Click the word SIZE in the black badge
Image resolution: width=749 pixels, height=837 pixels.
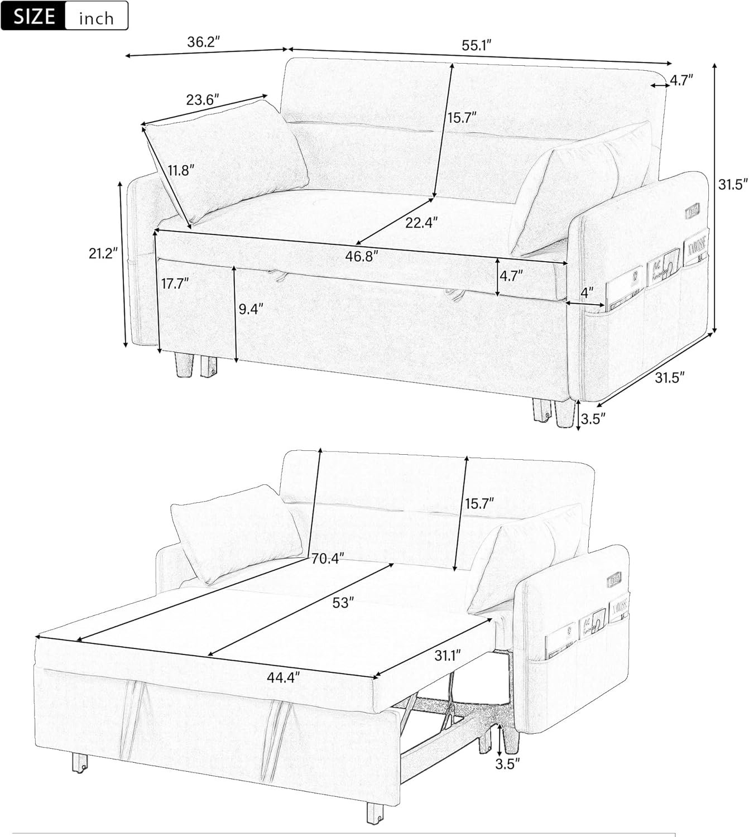34,16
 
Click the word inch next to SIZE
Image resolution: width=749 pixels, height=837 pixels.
96,18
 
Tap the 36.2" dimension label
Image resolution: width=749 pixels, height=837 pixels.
203,41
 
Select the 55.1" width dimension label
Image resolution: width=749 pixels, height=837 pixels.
476,45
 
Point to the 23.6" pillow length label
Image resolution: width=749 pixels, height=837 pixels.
202,99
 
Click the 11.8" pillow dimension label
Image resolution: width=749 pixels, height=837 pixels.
181,170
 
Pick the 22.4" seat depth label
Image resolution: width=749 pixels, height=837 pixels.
421,223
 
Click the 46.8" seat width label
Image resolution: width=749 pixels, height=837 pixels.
361,256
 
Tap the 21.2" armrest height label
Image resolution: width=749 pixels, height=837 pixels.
103,253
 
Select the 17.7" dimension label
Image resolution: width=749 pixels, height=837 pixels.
175,283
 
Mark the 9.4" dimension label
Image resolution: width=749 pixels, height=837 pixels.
251,309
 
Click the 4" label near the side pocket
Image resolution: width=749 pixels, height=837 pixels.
587,292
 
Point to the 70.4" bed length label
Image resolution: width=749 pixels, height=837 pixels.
328,559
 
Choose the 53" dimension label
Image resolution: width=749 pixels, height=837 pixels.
343,603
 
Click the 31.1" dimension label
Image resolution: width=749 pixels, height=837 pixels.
447,655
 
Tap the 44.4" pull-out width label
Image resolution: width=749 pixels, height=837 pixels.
283,677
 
